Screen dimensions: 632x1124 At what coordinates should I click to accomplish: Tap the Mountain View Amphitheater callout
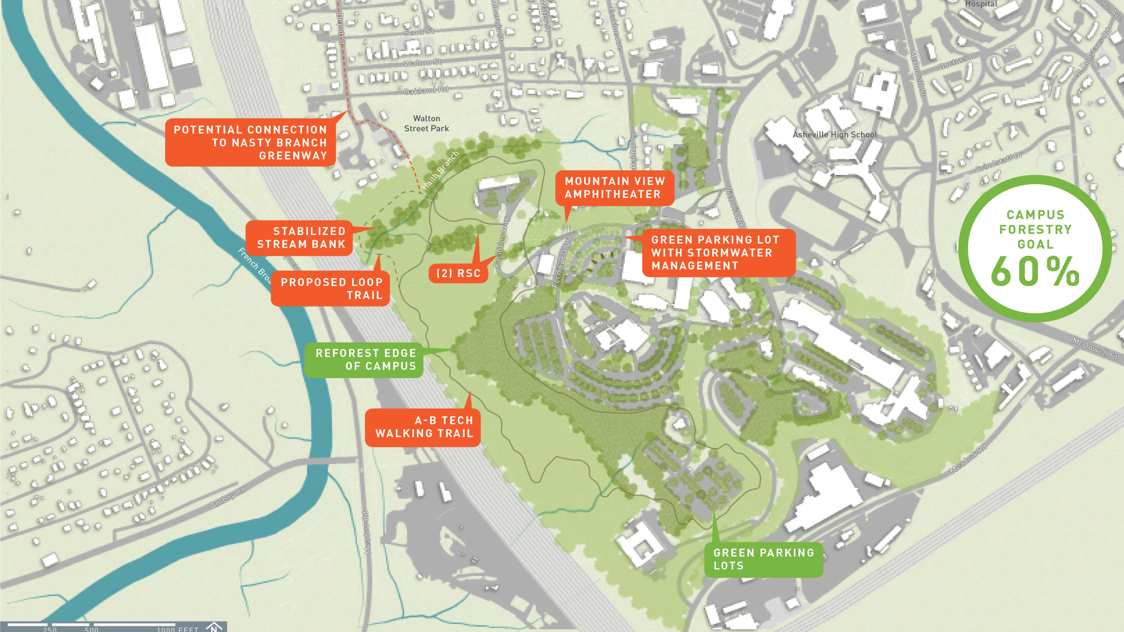(614, 187)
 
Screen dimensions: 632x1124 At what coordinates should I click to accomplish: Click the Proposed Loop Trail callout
(330, 288)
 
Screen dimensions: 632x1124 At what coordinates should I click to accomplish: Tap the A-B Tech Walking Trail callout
(423, 427)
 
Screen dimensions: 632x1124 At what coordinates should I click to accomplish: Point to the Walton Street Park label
(426, 123)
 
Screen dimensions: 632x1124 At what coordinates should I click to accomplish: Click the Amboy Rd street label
(228, 498)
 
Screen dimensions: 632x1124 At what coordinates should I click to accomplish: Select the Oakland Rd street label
(425, 90)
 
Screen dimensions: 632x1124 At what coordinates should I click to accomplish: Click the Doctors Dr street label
(958, 61)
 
